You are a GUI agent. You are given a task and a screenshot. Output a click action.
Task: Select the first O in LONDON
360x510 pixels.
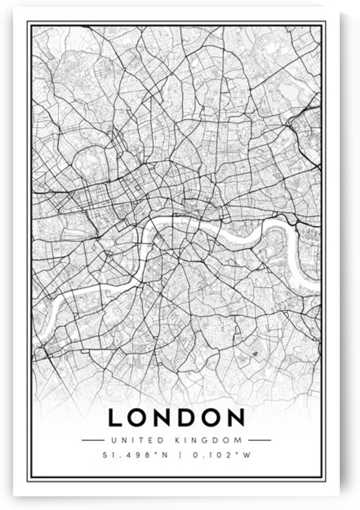click(139, 417)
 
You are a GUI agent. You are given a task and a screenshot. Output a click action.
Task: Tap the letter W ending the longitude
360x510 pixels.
click(247, 455)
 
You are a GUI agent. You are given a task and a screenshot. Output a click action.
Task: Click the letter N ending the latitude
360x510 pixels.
click(163, 455)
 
